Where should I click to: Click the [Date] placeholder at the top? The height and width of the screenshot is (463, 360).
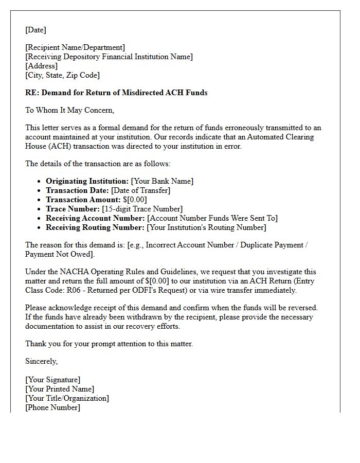pos(35,30)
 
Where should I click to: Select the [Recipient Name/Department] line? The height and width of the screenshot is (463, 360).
pos(75,47)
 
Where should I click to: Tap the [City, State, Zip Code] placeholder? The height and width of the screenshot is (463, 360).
pos(62,75)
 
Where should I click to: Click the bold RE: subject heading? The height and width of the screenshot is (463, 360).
pos(116,93)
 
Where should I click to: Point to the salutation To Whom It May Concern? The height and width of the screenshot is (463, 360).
pos(69,110)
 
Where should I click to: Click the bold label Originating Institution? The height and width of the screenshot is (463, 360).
pos(87,181)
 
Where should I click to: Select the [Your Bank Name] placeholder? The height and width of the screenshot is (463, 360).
pos(162,181)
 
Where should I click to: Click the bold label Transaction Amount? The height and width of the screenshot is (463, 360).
pos(83,200)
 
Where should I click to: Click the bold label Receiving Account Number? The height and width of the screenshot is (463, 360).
pos(95,218)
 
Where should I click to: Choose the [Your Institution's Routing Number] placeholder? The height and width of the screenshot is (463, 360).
pos(206,227)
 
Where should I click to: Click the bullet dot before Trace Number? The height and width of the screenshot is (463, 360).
pos(40,209)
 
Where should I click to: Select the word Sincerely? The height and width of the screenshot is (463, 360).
pos(41,361)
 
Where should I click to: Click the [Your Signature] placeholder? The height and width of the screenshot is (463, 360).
pos(52,380)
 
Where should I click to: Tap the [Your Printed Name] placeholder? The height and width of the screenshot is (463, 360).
pos(60,389)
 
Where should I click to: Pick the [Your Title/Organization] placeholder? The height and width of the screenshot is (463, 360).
pos(67,398)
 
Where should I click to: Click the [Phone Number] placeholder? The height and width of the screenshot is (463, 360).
pos(52,407)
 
